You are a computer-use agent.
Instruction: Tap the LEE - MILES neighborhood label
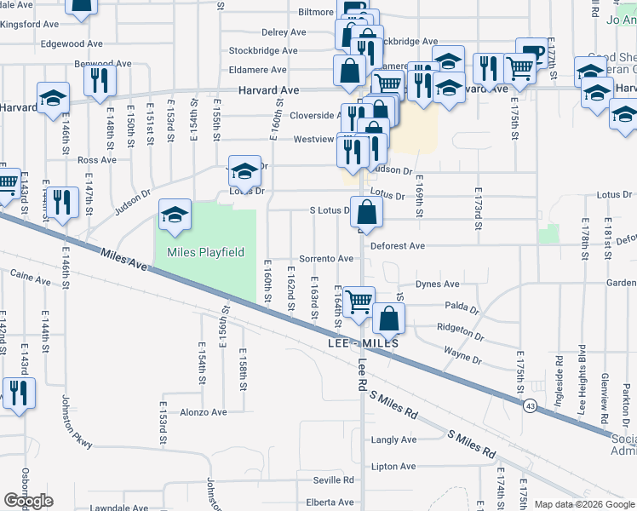point(362,343)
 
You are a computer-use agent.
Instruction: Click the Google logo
point(29,501)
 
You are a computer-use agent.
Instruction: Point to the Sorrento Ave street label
point(326,258)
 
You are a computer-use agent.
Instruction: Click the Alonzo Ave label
point(204,412)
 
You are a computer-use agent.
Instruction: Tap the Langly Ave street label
point(394,439)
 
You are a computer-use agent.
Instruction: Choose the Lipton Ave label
point(393,466)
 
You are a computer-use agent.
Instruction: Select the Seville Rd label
point(332,480)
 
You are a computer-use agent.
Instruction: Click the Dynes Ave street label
point(438,284)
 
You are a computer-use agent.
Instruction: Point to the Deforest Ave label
point(398,246)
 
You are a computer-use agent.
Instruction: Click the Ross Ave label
point(96,159)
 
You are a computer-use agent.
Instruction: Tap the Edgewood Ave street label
point(71,43)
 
